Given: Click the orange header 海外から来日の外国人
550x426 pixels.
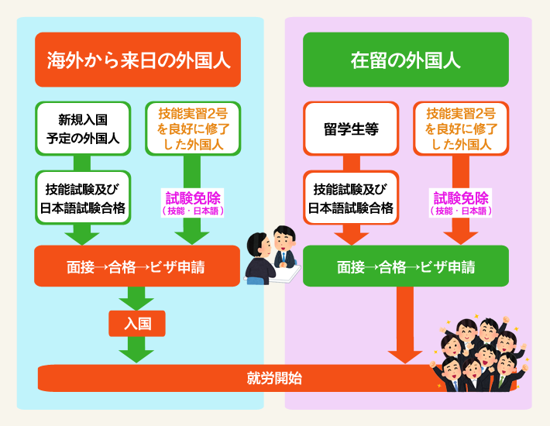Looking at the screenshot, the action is [138, 60].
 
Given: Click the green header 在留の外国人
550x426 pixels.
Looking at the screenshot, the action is [406, 60].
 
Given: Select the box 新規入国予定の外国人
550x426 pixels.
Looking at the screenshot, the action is [83, 129].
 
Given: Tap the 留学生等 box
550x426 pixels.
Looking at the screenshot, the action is [351, 129].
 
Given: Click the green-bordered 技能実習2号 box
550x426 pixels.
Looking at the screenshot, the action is [193, 129].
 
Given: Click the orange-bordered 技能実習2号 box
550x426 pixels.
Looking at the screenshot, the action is [461, 129].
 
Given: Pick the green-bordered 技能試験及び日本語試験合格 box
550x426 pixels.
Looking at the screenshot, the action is [83, 198].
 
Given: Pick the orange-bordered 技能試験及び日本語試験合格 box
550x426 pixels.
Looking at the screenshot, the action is [351, 198].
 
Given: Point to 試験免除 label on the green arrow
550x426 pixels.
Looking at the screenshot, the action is [193, 203].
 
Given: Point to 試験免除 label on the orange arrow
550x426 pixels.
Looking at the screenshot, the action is [461, 203].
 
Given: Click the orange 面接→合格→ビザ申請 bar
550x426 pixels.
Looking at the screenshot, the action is [137, 266].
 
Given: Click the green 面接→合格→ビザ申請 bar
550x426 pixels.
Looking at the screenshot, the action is [406, 266].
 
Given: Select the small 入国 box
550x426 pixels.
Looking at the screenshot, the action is [137, 324].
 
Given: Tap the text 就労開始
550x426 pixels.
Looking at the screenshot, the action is [274, 378].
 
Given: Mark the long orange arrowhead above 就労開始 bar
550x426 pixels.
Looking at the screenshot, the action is [405, 357].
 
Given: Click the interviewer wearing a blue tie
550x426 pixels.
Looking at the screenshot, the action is [284, 247].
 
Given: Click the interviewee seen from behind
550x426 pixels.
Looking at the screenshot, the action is [260, 259].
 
